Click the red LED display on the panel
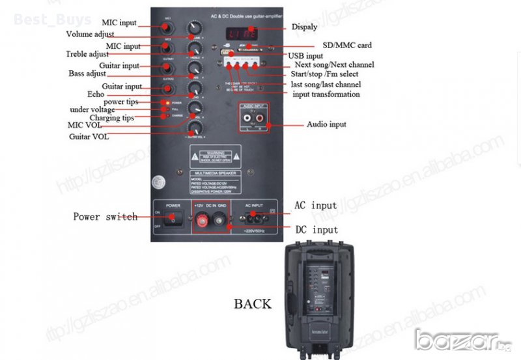pyautogui.click(x=240, y=33)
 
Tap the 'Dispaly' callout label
pyautogui.click(x=304, y=27)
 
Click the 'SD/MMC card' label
pyautogui.click(x=347, y=46)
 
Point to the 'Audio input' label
pyautogui.click(x=326, y=124)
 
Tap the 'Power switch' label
pyautogui.click(x=105, y=217)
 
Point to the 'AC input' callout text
pyautogui.click(x=316, y=206)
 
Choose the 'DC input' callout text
pyautogui.click(x=317, y=229)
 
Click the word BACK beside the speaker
pyautogui.click(x=253, y=304)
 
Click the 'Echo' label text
pyautogui.click(x=96, y=94)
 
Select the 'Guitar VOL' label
pyautogui.click(x=89, y=137)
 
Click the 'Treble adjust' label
pyautogui.click(x=87, y=53)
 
